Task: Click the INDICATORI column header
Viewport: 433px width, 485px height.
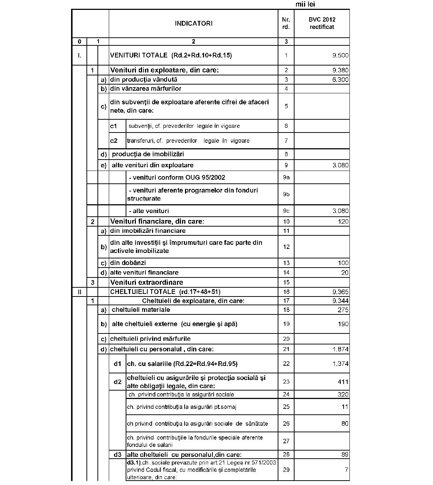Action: (x=193, y=23)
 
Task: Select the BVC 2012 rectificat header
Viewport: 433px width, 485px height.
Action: (x=322, y=23)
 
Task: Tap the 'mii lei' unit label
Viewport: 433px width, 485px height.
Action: (x=305, y=4)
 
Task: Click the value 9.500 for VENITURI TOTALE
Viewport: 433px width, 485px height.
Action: (x=340, y=56)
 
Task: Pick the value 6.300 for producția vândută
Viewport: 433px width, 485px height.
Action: (x=340, y=80)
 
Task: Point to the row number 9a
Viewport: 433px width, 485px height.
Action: (x=286, y=178)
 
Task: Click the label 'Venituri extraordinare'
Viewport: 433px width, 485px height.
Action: (x=147, y=282)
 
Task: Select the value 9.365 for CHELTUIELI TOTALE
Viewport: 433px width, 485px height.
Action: (x=340, y=292)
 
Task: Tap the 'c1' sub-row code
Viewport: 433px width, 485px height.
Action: (x=114, y=126)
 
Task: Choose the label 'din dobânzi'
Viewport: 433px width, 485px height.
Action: (x=128, y=263)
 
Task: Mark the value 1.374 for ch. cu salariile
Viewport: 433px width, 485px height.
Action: (x=340, y=364)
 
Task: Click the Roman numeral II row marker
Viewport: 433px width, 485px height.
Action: (x=79, y=292)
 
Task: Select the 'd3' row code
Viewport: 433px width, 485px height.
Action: (x=117, y=455)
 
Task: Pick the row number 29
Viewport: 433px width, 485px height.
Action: (x=286, y=470)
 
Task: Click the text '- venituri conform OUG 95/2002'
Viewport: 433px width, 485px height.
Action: (x=177, y=178)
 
